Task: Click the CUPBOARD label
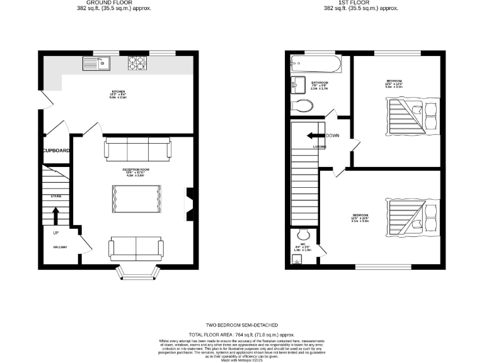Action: (x=55, y=151)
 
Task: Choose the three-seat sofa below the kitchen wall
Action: (x=137, y=149)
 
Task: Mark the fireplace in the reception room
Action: (x=189, y=204)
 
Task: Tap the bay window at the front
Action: (x=136, y=272)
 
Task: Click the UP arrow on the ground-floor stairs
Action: (x=55, y=216)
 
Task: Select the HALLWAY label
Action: (x=60, y=247)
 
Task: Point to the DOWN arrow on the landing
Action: (x=315, y=135)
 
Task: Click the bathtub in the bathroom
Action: (x=315, y=63)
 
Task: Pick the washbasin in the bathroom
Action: (x=298, y=84)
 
